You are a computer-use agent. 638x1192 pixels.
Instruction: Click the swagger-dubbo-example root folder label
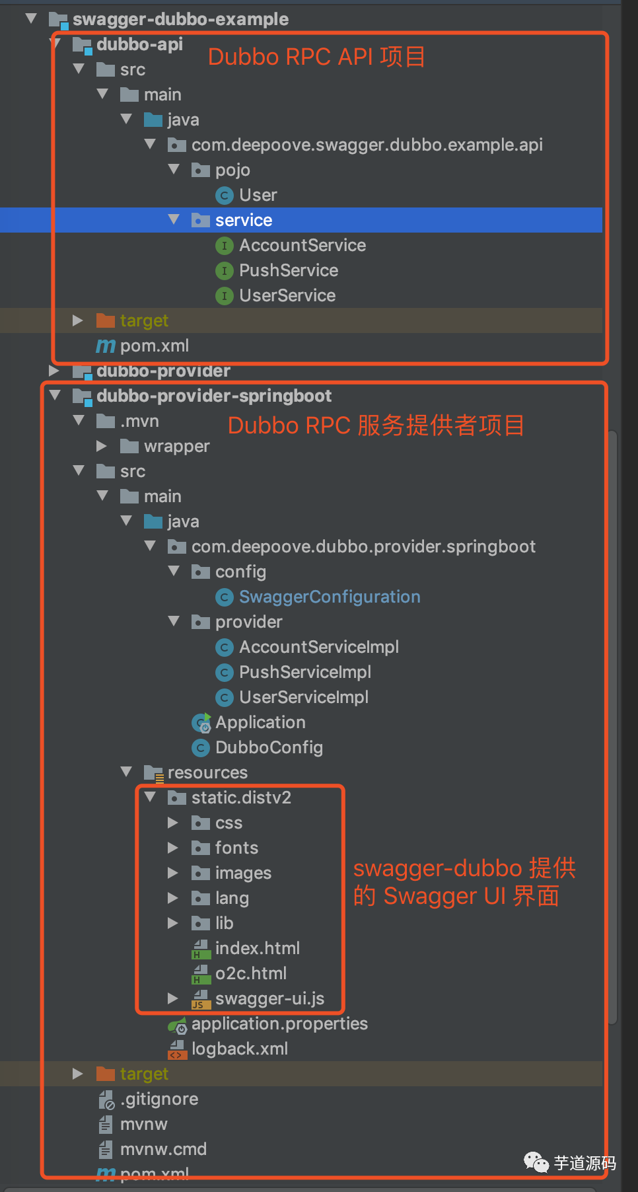tap(180, 19)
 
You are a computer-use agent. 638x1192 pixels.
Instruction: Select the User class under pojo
tap(258, 195)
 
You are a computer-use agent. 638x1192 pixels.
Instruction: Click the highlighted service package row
tap(244, 220)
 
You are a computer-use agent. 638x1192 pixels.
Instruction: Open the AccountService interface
tap(302, 245)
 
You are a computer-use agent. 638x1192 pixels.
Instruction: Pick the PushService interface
tap(288, 270)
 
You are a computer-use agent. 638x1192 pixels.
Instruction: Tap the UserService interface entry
tap(287, 295)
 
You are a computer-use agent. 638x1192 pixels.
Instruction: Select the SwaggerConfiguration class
tap(329, 597)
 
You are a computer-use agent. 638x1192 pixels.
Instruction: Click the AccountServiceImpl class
tap(318, 647)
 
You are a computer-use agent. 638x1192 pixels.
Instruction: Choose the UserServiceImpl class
tap(303, 697)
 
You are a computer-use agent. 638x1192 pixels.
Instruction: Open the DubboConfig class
tap(269, 747)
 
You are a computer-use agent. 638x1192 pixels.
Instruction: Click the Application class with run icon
tap(260, 722)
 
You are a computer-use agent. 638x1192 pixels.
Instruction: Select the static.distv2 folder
tap(240, 798)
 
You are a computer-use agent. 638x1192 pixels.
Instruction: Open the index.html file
tap(257, 948)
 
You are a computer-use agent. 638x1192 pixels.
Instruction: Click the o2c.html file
tap(250, 973)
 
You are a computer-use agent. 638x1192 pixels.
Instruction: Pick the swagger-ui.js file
tap(269, 998)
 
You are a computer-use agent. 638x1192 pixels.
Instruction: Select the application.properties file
tap(279, 1024)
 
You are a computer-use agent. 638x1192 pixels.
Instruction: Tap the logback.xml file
tap(239, 1049)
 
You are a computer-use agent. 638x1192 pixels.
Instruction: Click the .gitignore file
tap(159, 1099)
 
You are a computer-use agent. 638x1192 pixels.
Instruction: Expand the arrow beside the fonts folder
tap(173, 848)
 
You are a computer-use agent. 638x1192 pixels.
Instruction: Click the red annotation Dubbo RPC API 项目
tap(316, 57)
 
